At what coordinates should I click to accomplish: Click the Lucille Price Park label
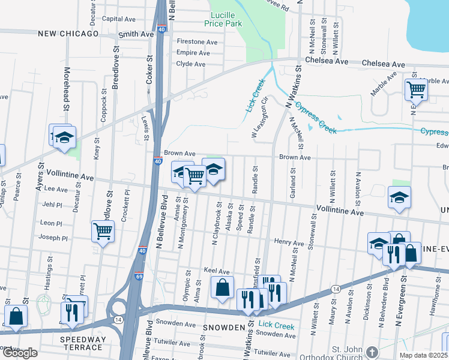[226, 19]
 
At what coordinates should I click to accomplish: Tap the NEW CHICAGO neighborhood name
[68, 34]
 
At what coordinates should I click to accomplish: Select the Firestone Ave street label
[197, 42]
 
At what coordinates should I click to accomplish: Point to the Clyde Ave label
[191, 64]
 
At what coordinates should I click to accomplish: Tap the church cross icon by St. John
[372, 352]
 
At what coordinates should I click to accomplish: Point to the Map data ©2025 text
[423, 355]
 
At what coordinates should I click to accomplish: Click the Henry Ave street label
[289, 243]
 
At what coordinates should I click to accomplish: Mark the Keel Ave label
[217, 271]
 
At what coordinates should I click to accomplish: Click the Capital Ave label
[118, 19]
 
